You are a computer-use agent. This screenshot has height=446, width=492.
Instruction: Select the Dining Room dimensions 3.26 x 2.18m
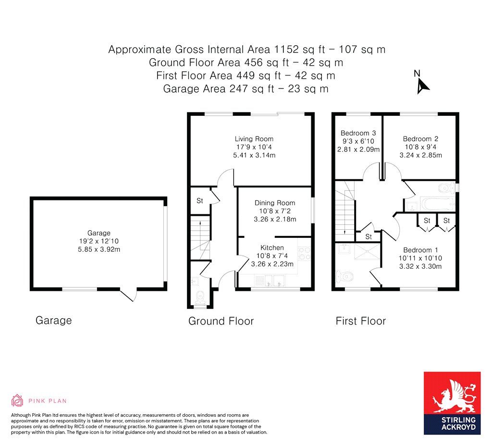point(274,219)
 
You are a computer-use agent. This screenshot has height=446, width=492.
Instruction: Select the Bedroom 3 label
point(358,133)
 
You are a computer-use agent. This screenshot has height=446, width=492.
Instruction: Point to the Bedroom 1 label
point(420,250)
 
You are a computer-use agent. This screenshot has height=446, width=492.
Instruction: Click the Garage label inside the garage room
point(98,233)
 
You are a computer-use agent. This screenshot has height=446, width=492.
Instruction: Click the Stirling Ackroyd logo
point(452,403)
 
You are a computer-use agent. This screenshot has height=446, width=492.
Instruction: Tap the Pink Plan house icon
point(17,400)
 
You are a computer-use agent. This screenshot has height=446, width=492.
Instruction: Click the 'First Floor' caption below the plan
point(360,321)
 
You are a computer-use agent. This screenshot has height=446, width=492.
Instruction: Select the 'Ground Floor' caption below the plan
point(221,321)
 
